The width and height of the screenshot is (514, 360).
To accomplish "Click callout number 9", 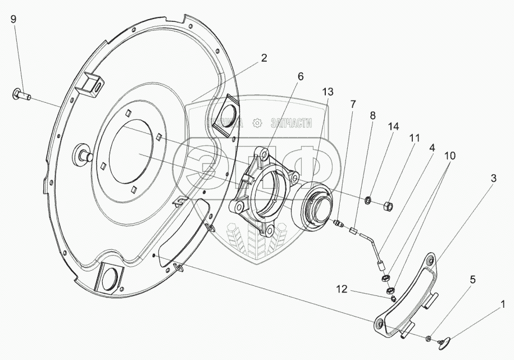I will [x=13, y=19].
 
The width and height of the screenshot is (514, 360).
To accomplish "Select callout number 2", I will [x=263, y=57].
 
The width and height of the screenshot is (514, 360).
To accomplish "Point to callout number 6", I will [x=300, y=77].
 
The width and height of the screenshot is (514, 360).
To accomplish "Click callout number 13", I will [x=327, y=91].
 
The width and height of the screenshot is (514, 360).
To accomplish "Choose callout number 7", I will [x=352, y=104].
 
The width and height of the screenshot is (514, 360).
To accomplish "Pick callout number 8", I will [x=372, y=116].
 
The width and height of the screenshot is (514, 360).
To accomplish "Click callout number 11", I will [x=415, y=137].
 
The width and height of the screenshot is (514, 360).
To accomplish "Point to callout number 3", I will [x=493, y=179].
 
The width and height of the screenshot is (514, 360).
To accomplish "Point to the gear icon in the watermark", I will [x=257, y=123].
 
